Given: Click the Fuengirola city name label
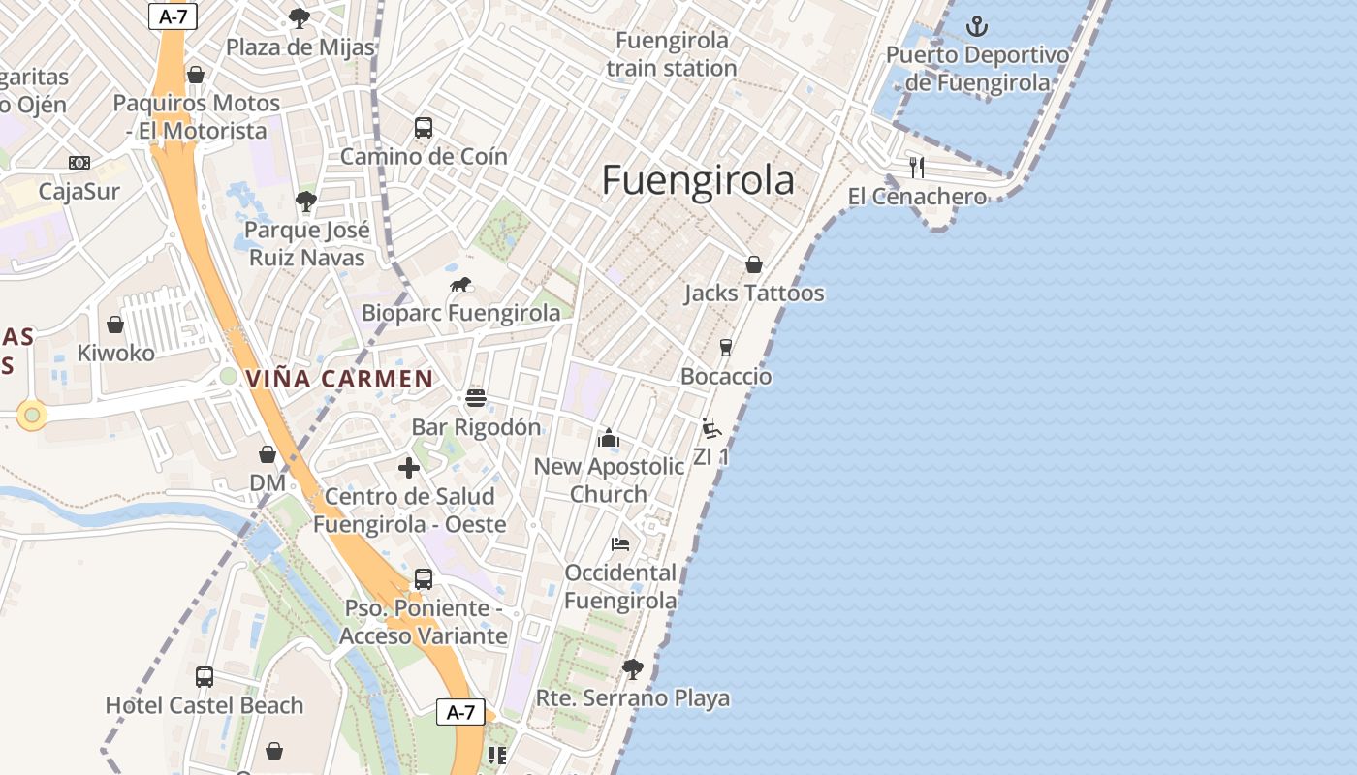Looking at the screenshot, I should [698, 181].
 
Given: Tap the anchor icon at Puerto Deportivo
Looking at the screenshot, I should [977, 26].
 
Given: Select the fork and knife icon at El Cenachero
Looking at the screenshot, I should [917, 168].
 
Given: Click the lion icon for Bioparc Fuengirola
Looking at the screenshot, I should [460, 285].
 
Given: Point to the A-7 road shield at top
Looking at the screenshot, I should [171, 15].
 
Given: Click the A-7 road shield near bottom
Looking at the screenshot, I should [460, 713].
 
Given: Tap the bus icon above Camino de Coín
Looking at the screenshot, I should [424, 127].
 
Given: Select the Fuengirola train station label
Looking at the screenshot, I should [672, 54].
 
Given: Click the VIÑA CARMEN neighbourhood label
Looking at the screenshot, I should [339, 379].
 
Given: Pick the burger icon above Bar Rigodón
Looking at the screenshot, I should [475, 398].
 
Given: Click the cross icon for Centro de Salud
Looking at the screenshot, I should [409, 468].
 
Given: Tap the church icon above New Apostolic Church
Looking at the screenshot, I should [609, 438].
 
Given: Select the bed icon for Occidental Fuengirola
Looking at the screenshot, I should [620, 544].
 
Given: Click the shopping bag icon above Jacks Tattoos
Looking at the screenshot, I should [754, 264].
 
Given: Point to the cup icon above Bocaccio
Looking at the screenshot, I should [726, 348].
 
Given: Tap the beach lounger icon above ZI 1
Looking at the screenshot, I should [711, 428].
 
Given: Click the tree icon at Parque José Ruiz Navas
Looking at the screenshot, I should [306, 201].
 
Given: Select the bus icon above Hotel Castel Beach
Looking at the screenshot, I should [205, 676].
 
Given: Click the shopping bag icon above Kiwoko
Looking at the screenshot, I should [115, 325].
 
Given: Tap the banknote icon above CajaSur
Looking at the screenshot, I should [79, 163].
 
